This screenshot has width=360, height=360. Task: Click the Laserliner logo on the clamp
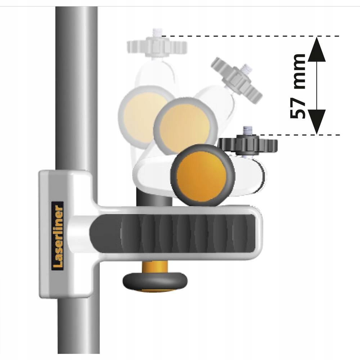(58, 235)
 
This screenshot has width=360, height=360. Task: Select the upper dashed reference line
(252, 36)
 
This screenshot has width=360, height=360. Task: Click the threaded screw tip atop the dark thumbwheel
(248, 131)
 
